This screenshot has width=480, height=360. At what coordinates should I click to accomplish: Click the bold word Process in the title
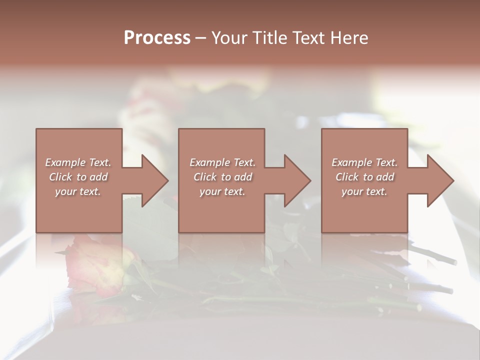click(x=157, y=38)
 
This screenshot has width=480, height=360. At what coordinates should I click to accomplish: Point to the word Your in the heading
click(x=230, y=38)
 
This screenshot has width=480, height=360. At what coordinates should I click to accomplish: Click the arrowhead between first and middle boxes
click(x=154, y=180)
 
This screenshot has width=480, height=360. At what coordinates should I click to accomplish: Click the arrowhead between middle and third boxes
click(x=297, y=180)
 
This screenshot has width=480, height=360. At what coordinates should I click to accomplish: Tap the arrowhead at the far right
click(x=440, y=180)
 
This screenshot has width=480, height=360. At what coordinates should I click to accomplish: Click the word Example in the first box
click(x=66, y=162)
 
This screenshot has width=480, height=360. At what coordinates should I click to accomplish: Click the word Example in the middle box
click(x=210, y=162)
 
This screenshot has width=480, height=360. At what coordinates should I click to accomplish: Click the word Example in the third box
click(x=352, y=162)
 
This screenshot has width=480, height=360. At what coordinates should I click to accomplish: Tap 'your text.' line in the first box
click(x=78, y=191)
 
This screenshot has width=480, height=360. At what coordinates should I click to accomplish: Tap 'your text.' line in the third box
click(x=364, y=191)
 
